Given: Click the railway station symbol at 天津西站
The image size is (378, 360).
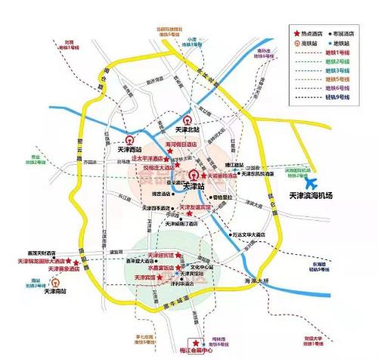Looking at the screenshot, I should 129,141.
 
